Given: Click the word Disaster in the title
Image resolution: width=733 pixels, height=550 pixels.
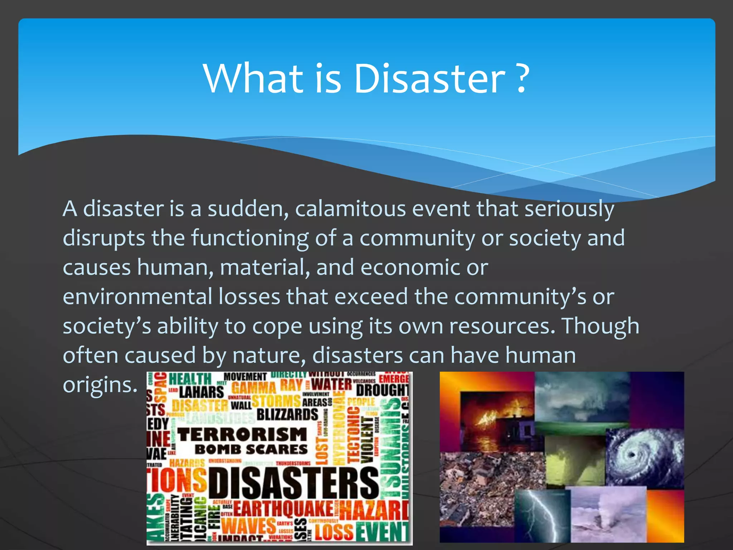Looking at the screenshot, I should [429, 78].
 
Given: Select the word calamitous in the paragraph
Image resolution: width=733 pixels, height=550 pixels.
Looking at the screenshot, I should [350, 209].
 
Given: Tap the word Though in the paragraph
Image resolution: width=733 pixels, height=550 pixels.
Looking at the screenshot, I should [600, 326].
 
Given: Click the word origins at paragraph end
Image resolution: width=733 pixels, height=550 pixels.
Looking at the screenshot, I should [100, 385].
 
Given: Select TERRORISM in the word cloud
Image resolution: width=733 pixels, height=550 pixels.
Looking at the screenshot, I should [242, 434].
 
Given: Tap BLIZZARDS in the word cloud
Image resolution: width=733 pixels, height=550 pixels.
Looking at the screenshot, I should [287, 414].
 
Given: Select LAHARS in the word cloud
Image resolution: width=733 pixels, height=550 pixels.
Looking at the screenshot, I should [202, 392].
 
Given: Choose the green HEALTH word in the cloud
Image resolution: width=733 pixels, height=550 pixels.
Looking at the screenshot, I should [190, 379].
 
